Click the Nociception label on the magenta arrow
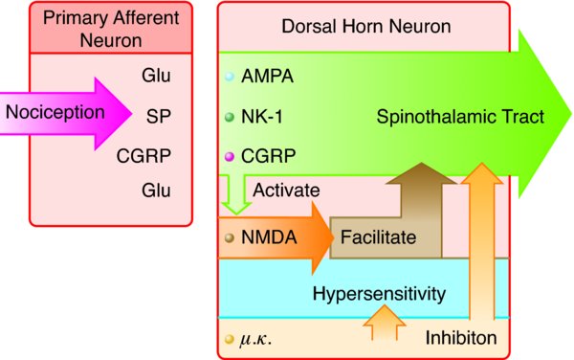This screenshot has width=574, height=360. coord(55,112)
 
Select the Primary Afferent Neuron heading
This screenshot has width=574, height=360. coord(111,29)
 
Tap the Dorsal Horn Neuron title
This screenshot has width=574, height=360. coord(366,27)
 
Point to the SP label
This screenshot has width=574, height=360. coord(159,117)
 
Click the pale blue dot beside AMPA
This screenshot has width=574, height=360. coord(230,77)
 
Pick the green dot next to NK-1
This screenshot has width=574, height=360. coord(230,117)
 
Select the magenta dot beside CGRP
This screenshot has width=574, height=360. coord(230,157)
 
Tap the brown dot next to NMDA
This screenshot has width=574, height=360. coord(230,237)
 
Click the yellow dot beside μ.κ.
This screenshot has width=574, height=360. coord(230,339)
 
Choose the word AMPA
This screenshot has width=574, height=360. coord(267,77)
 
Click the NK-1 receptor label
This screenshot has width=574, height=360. coord(262,117)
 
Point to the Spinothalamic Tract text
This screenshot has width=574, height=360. coord(460,117)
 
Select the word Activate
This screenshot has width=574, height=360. coord(286,191)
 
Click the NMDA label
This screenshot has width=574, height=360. coord(269,237)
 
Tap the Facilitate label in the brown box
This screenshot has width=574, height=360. coord(378,237)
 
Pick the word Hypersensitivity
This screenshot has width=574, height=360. coord(379,294)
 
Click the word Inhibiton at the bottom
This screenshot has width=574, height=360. coord(461,338)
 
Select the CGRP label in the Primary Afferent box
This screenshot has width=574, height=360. coord(143,156)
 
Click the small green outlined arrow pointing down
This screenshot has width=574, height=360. coord(236,195)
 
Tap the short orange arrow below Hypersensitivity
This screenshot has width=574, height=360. coord(384,323)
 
